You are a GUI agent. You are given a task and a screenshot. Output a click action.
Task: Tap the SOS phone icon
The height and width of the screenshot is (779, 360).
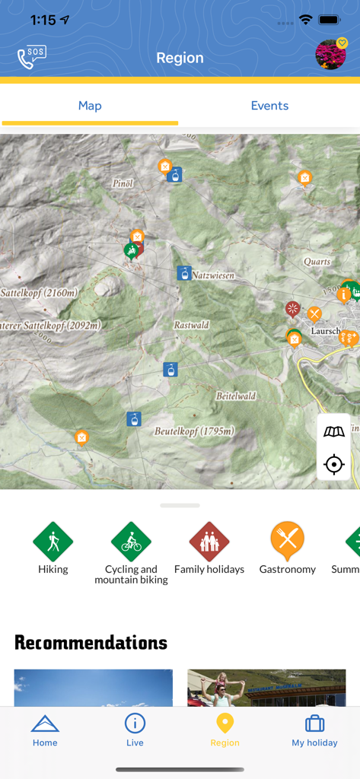pyautogui.click(x=32, y=58)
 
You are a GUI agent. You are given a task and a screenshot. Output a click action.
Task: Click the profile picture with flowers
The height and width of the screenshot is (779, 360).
pyautogui.click(x=330, y=56)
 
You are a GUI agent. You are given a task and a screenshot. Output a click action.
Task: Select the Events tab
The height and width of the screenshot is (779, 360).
pyautogui.click(x=269, y=106)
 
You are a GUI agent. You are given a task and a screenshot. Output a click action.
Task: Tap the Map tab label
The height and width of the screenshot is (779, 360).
pyautogui.click(x=90, y=106)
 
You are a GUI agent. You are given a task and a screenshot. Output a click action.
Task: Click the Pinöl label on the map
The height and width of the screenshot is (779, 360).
pyautogui.click(x=123, y=183)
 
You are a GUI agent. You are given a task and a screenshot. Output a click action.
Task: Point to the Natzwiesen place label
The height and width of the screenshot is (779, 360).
pyautogui.click(x=213, y=275)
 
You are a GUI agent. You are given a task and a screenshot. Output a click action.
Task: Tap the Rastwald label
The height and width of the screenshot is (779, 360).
pyautogui.click(x=191, y=325)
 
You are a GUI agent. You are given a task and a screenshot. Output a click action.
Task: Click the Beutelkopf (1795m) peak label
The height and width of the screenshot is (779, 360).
pyautogui.click(x=194, y=431)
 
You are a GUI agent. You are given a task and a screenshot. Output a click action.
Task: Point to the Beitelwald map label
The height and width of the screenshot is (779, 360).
pyautogui.click(x=235, y=396)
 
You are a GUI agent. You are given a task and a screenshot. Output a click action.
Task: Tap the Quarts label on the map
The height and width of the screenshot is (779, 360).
pyautogui.click(x=317, y=262)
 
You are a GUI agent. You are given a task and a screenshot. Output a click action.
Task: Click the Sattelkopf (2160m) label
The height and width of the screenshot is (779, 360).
pyautogui.click(x=38, y=293)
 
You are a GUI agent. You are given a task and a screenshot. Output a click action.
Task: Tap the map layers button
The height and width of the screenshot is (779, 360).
pyautogui.click(x=333, y=432)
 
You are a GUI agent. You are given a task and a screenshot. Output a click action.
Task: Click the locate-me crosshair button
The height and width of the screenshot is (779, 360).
pyautogui.click(x=333, y=464)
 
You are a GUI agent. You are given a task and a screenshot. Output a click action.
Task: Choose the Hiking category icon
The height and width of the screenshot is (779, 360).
pyautogui.click(x=53, y=542)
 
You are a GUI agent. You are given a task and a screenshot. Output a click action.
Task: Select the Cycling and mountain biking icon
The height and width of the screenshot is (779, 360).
pyautogui.click(x=131, y=542)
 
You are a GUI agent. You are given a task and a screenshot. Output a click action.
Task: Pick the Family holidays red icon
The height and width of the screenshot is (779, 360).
pyautogui.click(x=209, y=542)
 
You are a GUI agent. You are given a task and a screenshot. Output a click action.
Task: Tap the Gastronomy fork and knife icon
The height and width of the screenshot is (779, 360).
pyautogui.click(x=287, y=540)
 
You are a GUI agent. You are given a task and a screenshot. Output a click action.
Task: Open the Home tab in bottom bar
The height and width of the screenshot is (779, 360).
pyautogui.click(x=45, y=730)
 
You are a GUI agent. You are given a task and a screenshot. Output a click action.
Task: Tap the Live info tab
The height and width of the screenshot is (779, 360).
pyautogui.click(x=135, y=730)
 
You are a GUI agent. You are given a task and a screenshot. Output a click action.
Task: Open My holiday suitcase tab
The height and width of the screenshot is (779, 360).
pyautogui.click(x=314, y=730)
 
